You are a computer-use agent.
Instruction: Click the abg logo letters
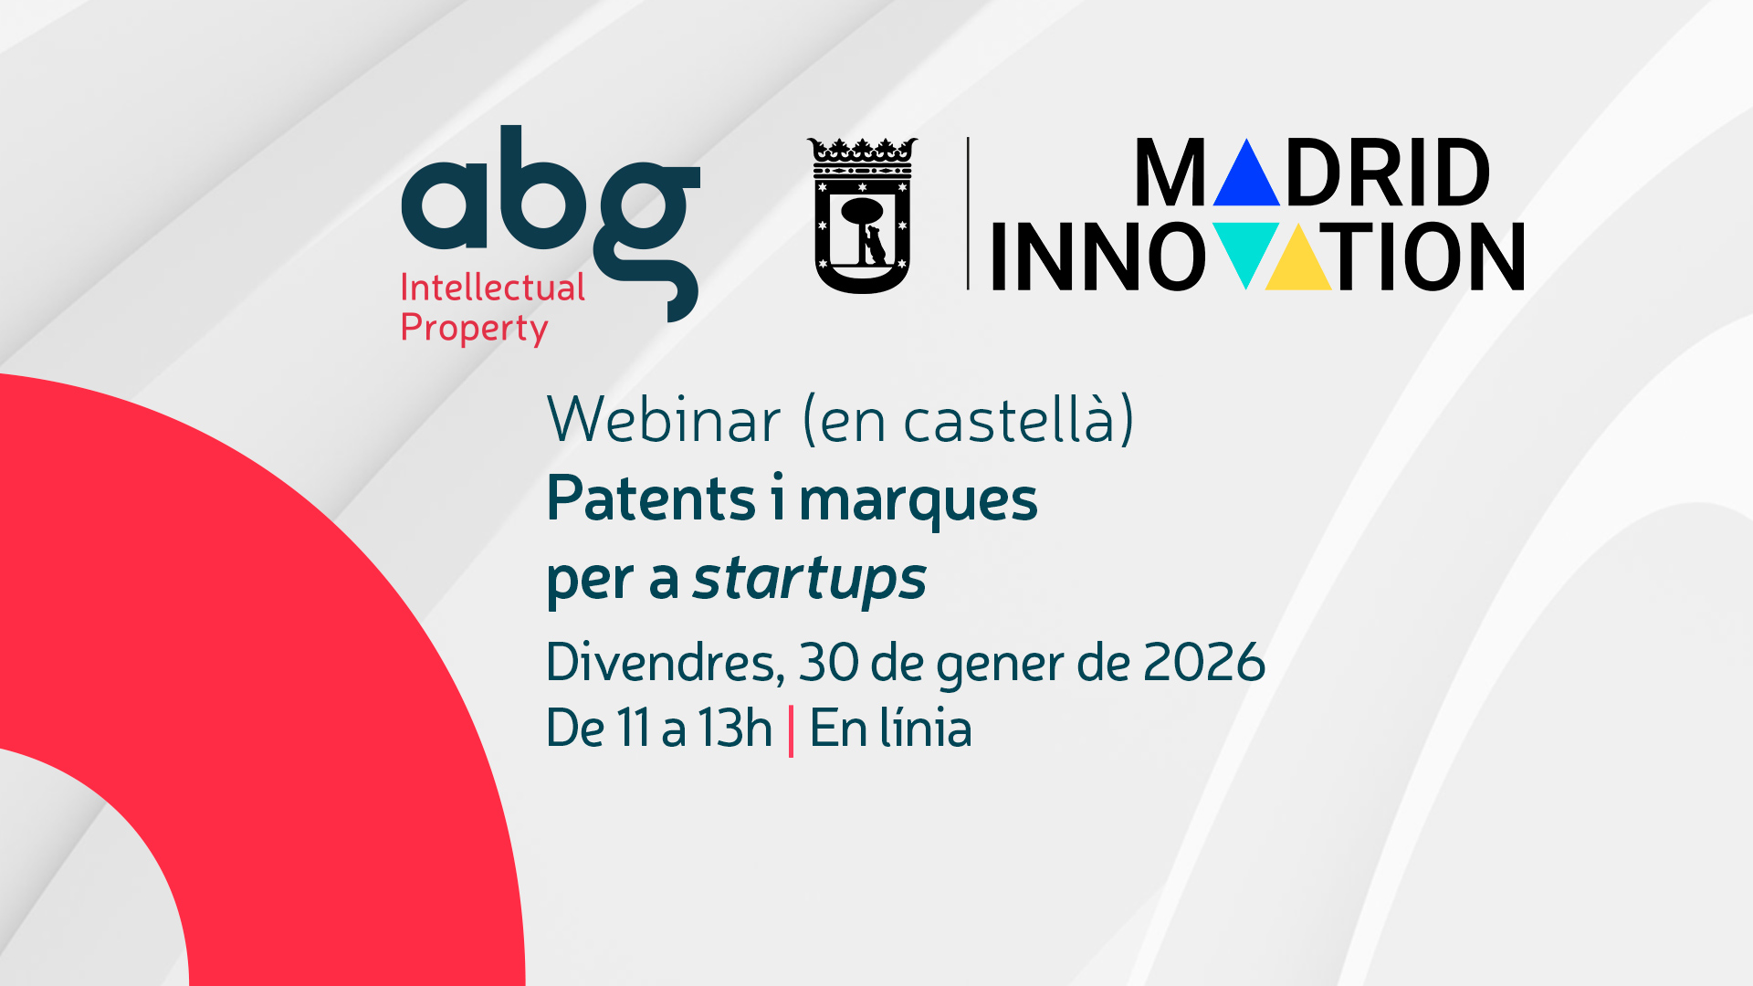(551, 224)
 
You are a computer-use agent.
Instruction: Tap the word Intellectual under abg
(493, 288)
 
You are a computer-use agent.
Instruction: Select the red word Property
(474, 329)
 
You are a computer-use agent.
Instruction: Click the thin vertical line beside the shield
(968, 214)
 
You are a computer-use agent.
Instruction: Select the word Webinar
(664, 421)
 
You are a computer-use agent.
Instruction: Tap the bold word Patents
(651, 499)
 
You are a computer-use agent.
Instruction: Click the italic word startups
(810, 579)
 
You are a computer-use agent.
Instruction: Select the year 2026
(1204, 662)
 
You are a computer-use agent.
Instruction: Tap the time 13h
(735, 728)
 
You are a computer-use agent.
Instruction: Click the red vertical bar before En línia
(791, 730)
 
